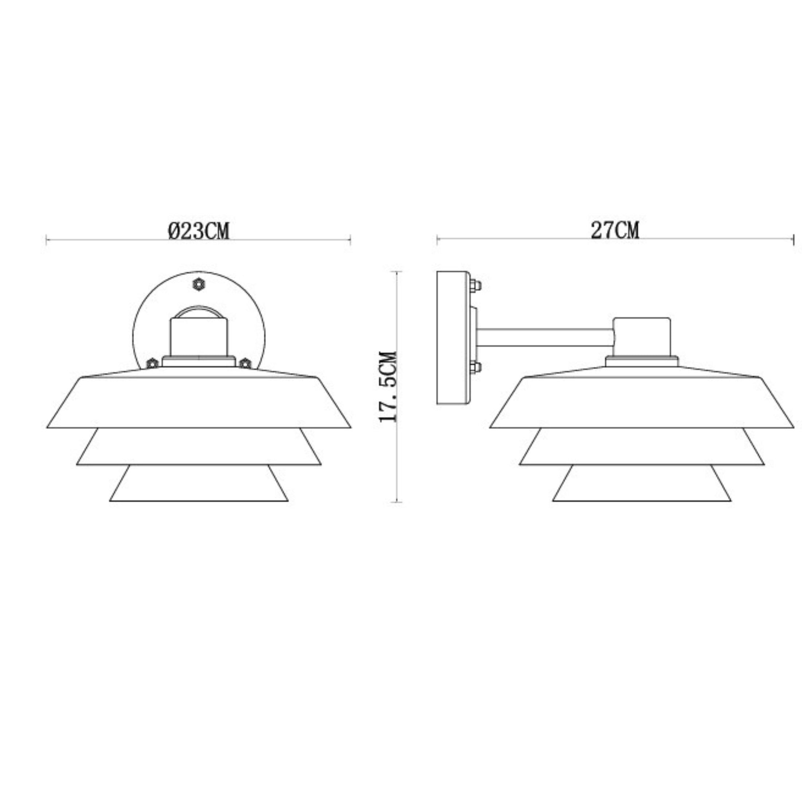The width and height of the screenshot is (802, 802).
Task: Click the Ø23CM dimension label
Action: tap(198, 231)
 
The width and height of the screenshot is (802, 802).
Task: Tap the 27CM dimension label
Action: tap(615, 231)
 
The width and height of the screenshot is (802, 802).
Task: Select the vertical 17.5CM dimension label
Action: tap(388, 387)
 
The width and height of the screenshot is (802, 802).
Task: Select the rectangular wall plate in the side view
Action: tap(453, 338)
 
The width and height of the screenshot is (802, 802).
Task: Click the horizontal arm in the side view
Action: tap(545, 338)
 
